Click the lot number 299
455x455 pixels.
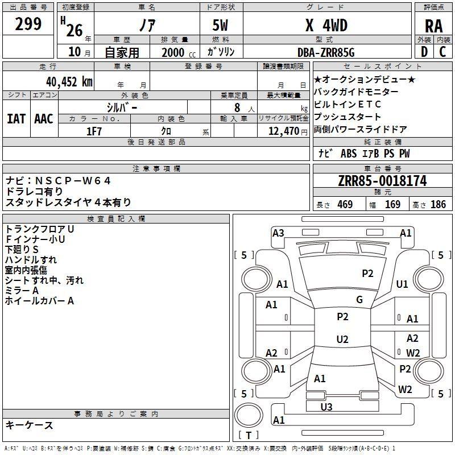pyautogui.click(x=28, y=24)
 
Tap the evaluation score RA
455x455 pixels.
pyautogui.click(x=433, y=26)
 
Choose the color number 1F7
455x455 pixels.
pyautogui.click(x=94, y=131)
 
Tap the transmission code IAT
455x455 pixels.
pyautogui.click(x=16, y=119)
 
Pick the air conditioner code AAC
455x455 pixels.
pyautogui.click(x=44, y=119)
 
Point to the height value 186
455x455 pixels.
pyautogui.click(x=439, y=205)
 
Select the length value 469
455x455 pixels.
pyautogui.click(x=345, y=205)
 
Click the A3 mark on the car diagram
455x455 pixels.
pyautogui.click(x=278, y=233)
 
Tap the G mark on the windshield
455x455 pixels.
pyautogui.click(x=359, y=300)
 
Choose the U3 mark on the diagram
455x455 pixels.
pyautogui.click(x=326, y=407)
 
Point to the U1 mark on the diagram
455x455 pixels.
pyautogui.click(x=402, y=284)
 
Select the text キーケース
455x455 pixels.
pyautogui.click(x=30, y=425)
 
